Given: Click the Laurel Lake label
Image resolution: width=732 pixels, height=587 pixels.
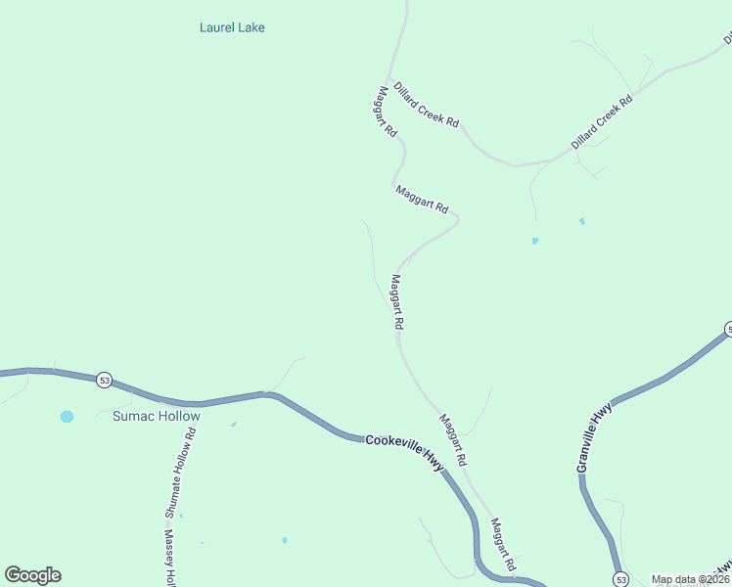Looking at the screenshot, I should (x=232, y=27).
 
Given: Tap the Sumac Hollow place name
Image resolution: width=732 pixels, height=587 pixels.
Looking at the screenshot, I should (x=156, y=416).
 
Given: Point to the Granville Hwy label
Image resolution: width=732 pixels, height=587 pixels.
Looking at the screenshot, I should (x=594, y=437).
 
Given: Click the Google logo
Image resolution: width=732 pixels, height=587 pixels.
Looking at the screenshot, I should (x=32, y=575).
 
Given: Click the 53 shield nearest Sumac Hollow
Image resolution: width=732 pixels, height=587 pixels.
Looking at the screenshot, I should (x=104, y=380).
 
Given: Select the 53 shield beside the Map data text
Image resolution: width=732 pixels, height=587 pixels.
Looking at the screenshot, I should (x=621, y=580).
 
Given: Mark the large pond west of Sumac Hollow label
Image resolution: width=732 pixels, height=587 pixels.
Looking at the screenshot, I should (x=67, y=416).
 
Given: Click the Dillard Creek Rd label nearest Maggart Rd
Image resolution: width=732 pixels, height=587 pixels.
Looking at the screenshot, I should (x=426, y=106).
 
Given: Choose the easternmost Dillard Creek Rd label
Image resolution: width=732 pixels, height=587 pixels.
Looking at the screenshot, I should (x=602, y=122).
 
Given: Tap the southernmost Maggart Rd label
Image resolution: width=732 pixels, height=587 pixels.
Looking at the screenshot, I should (x=502, y=545).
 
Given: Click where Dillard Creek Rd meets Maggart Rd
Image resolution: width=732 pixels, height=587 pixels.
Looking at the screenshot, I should (x=390, y=81).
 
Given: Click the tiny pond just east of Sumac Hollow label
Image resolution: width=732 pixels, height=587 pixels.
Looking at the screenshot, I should (x=233, y=424).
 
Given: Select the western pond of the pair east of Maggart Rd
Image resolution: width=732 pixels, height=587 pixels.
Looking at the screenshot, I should (x=534, y=240).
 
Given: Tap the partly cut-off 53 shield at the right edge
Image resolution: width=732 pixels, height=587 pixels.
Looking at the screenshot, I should (x=727, y=329).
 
